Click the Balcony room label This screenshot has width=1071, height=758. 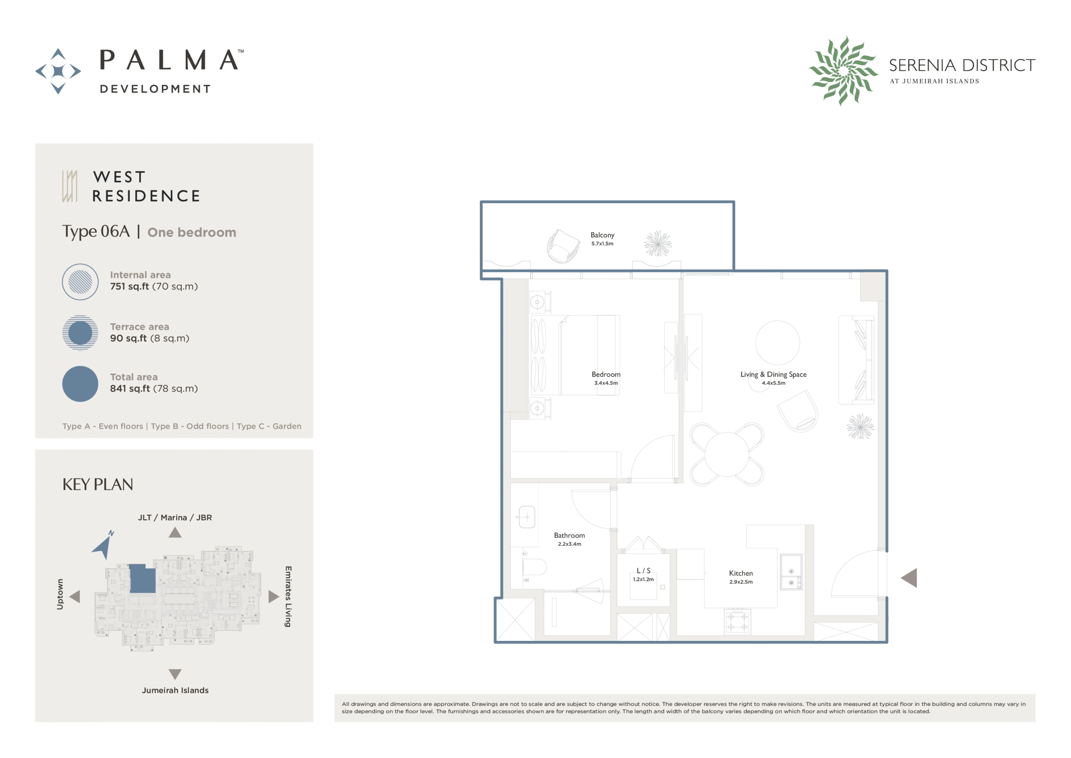point(602,235)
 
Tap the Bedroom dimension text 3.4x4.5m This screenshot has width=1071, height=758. point(606,383)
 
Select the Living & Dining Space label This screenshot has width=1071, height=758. point(774,374)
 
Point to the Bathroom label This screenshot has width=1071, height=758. point(569,535)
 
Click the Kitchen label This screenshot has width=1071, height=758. point(741,573)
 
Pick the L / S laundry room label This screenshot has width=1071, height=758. point(643,571)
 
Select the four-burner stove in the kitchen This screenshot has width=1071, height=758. point(738,622)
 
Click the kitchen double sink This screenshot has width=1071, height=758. point(791,572)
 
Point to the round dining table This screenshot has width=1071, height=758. point(727,454)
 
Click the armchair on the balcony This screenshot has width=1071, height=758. point(563,246)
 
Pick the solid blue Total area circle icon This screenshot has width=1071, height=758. point(80,384)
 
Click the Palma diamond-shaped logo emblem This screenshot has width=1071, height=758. point(58,72)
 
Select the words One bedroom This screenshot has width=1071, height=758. point(192,232)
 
